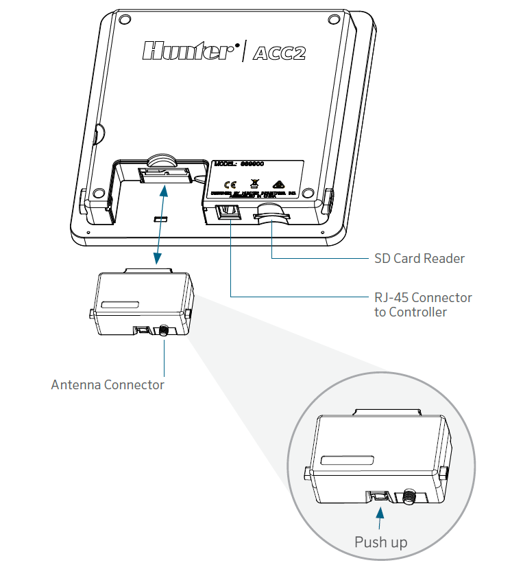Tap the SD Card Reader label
(419, 259)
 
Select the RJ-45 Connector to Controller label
(422, 305)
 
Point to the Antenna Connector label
(108, 384)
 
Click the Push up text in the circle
(380, 542)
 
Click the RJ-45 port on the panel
(226, 214)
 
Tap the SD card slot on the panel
(272, 218)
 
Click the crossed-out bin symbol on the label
(254, 183)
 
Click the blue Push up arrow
(382, 511)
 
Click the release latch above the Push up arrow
(378, 494)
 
